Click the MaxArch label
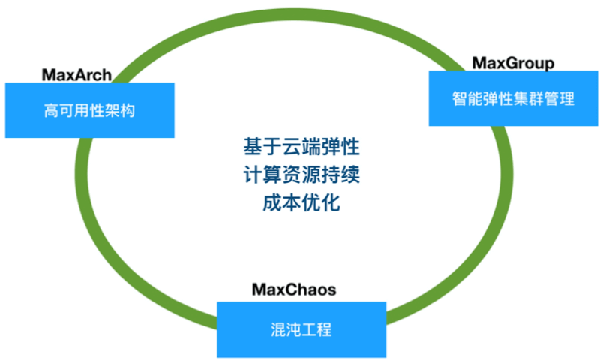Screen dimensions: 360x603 (76, 74)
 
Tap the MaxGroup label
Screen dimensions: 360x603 (513, 63)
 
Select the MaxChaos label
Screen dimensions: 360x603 (293, 289)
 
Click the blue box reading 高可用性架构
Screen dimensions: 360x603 (89, 110)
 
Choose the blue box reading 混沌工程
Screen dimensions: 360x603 (301, 329)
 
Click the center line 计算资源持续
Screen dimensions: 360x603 (301, 174)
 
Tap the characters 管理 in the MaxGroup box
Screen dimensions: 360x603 (562, 98)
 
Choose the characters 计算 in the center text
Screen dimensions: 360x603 (262, 174)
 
